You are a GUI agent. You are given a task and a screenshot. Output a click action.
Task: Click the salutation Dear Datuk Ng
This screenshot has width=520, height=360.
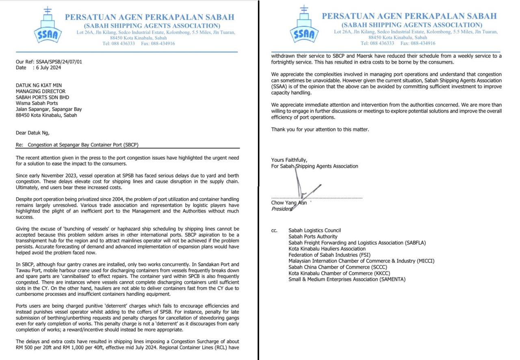tap(33, 130)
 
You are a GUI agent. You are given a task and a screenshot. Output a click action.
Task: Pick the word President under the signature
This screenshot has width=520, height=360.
tap(282, 209)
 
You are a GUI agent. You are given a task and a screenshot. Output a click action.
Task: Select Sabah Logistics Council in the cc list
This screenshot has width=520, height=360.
tap(314, 230)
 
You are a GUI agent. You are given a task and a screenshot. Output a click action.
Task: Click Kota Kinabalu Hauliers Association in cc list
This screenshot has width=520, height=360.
tap(327, 249)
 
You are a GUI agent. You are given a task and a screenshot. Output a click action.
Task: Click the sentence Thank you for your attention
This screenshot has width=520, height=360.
tap(320, 130)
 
